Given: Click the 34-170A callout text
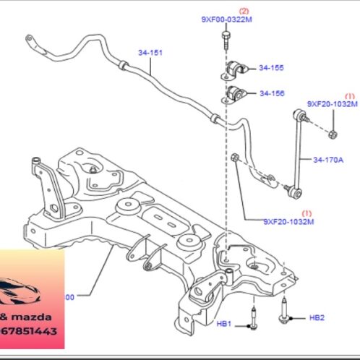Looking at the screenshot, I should [329, 160].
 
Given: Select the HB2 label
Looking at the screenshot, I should [317, 317].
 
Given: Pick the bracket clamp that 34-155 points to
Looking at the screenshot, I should [233, 69].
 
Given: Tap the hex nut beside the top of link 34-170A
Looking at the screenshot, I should [331, 133].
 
